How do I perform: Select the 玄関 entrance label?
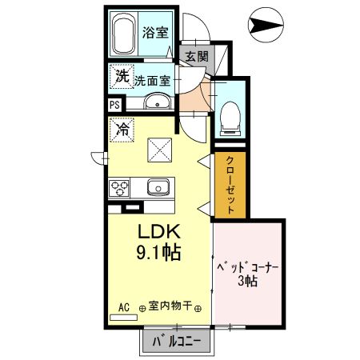tap(196, 56)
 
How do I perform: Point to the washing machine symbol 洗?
tap(122, 78)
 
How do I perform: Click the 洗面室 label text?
tap(152, 80)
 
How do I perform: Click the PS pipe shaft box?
tap(114, 104)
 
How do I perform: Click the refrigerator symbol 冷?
tap(122, 127)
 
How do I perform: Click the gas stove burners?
tap(121, 189)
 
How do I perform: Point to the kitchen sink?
tap(156, 189)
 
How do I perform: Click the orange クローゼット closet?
tap(230, 183)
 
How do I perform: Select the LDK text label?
tap(162, 232)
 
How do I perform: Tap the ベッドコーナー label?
tap(248, 269)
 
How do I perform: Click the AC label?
tap(124, 306)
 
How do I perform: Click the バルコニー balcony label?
tap(177, 342)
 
